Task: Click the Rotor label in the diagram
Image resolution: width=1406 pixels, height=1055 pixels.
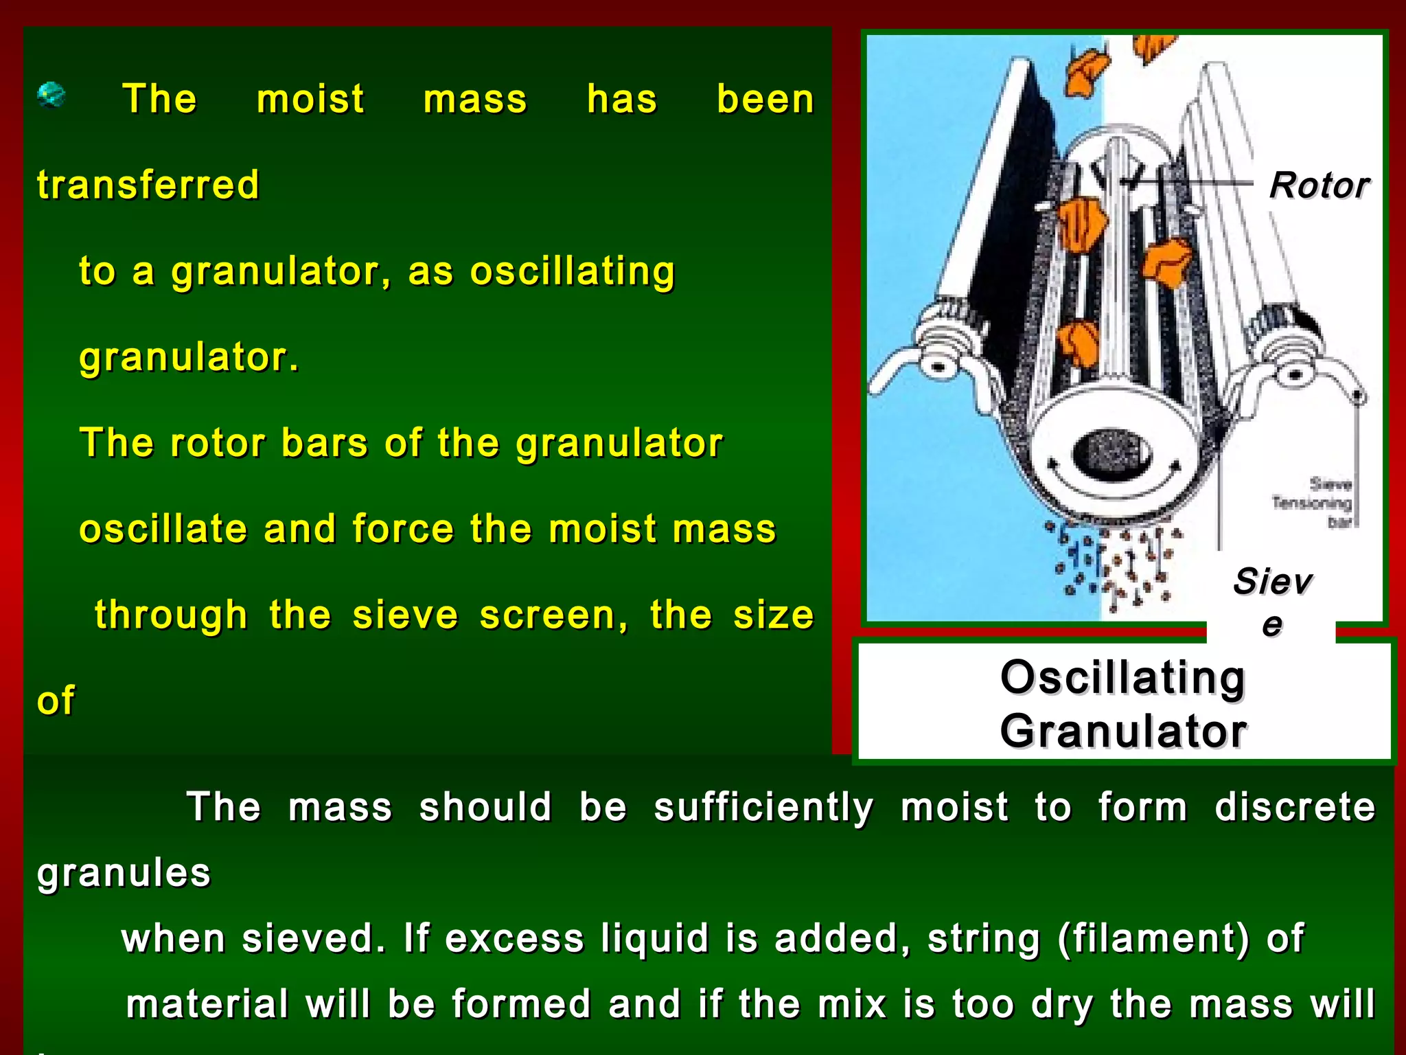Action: (x=1319, y=185)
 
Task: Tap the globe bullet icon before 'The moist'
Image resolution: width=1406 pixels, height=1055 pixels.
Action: (x=51, y=95)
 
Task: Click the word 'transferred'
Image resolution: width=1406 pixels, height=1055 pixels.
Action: (x=148, y=185)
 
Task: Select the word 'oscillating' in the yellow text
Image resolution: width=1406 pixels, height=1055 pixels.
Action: (x=573, y=271)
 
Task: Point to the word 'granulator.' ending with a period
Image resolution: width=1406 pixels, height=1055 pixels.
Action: (x=189, y=357)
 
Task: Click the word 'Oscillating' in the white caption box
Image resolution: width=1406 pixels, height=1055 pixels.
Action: (x=1122, y=678)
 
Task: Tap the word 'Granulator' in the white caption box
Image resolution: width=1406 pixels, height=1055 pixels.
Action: (x=1123, y=731)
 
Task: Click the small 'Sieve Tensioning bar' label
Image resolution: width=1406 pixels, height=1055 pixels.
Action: (x=1313, y=503)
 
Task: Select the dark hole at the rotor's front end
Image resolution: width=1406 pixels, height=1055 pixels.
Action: (x=1111, y=453)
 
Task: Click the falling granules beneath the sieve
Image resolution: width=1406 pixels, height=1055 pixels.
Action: (x=1116, y=563)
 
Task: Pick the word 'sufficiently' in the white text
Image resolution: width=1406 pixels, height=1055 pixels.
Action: (x=763, y=807)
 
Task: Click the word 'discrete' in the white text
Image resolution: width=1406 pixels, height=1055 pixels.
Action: (x=1295, y=807)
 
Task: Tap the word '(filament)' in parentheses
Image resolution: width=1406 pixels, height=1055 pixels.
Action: (x=1153, y=938)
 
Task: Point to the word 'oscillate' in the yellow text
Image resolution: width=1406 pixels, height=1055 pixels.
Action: (x=163, y=529)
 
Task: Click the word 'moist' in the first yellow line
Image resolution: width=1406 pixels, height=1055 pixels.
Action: (x=310, y=100)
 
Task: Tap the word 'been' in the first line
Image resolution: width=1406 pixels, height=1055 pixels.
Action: (x=765, y=100)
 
